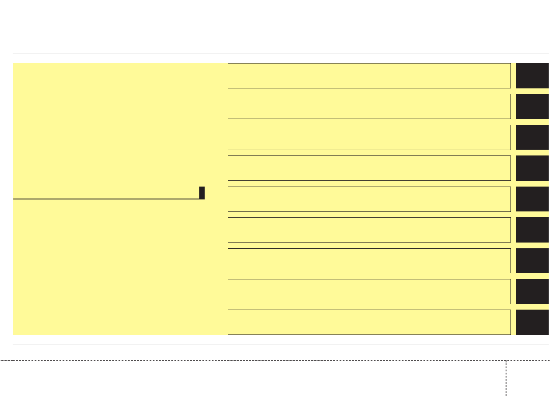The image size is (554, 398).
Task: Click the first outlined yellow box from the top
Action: coord(369,76)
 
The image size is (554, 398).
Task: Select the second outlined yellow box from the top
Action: coord(369,106)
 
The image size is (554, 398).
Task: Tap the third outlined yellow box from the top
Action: coord(369,137)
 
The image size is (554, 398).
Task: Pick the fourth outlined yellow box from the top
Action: coord(369,168)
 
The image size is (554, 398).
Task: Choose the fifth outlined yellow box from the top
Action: coord(369,199)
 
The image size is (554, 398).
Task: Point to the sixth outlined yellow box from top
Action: coord(369,230)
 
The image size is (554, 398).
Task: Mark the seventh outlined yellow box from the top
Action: coord(369,260)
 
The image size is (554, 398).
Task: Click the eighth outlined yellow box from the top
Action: coord(369,291)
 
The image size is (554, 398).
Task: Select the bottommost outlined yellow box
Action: coord(369,322)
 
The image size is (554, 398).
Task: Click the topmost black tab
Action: coord(532,76)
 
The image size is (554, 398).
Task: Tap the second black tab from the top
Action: coord(532,106)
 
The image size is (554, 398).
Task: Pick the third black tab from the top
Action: coord(532,137)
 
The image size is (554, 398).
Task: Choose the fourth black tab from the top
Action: coord(532,168)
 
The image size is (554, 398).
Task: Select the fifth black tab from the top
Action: coord(532,199)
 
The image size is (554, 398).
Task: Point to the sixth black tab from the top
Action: coord(532,230)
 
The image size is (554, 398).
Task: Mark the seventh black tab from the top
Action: coord(532,260)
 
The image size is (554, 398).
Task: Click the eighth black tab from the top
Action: coord(532,291)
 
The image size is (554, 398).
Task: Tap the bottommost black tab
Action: coord(532,322)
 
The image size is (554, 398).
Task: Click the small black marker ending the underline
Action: coord(202,193)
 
